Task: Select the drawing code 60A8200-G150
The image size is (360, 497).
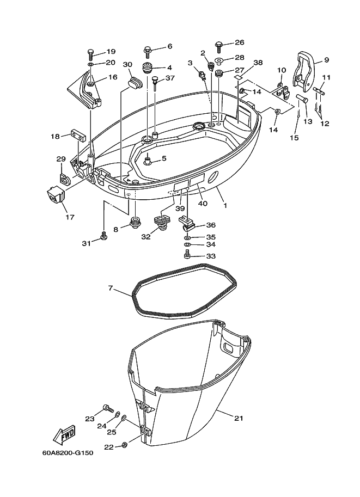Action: click(x=68, y=453)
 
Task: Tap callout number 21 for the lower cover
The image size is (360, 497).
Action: click(x=239, y=419)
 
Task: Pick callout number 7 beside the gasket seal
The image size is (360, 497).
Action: click(x=111, y=289)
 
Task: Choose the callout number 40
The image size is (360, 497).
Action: click(x=203, y=204)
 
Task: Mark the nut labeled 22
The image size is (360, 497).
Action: click(x=125, y=445)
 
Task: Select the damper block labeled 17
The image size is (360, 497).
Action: click(x=56, y=194)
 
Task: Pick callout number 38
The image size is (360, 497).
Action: click(x=258, y=63)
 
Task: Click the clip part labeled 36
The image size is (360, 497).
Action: click(x=187, y=223)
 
